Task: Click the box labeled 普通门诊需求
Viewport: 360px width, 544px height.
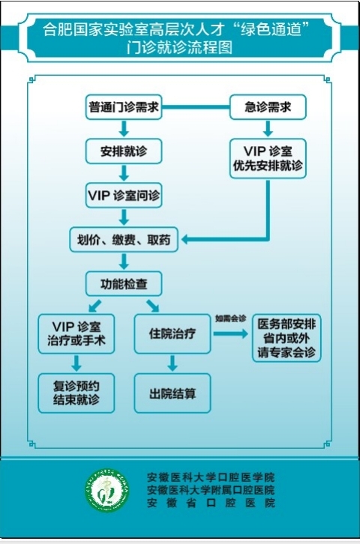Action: (123, 108)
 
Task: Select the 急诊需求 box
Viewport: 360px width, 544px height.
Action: (267, 108)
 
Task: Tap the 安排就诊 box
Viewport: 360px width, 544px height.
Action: (123, 151)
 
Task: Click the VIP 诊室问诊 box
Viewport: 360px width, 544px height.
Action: (123, 195)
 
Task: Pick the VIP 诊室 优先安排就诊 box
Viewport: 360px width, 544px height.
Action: (267, 158)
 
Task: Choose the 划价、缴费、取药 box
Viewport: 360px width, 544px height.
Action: (123, 241)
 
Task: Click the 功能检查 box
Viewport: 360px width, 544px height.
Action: (123, 284)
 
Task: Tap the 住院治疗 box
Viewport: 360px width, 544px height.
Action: (172, 334)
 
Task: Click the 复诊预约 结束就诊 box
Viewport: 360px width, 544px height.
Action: (77, 392)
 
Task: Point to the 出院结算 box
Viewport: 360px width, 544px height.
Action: (172, 392)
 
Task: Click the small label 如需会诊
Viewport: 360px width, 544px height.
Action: (229, 318)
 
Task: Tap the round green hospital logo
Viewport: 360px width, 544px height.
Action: (106, 491)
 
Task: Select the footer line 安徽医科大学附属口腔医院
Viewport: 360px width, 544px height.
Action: (211, 490)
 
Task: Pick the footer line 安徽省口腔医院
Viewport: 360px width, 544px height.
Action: (211, 503)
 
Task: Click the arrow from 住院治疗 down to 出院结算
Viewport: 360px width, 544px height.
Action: (172, 363)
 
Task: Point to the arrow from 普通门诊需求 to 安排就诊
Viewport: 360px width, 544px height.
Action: (123, 129)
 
